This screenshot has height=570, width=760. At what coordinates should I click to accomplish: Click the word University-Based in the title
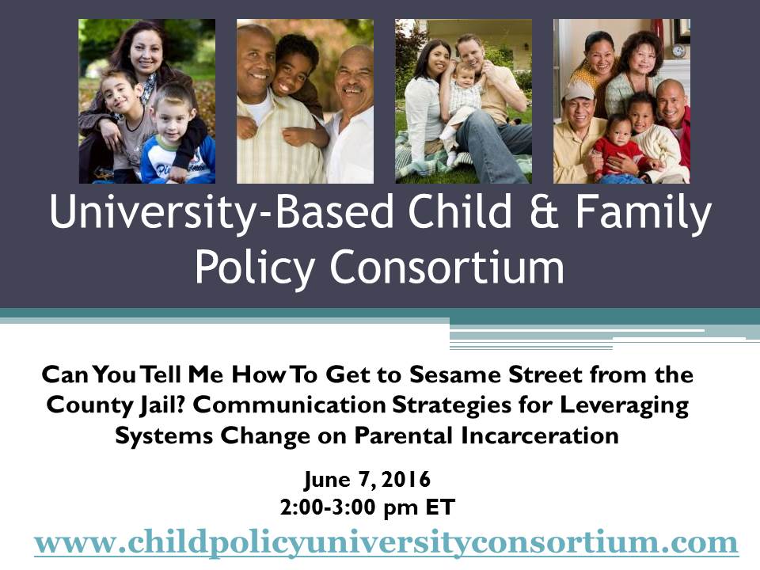[x=222, y=212]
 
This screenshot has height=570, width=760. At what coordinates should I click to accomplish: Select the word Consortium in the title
[x=447, y=267]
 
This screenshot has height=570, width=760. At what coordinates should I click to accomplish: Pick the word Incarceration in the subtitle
[x=539, y=435]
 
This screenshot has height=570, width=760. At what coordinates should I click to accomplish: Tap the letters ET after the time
[x=440, y=507]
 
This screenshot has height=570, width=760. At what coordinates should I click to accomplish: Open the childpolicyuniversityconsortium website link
[x=386, y=543]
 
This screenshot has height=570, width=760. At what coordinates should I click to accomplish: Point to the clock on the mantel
[x=678, y=51]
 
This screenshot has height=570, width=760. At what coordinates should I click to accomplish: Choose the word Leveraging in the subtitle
[x=625, y=405]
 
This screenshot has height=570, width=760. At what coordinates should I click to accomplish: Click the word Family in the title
[x=644, y=213]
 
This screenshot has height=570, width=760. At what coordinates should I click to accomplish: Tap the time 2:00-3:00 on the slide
[x=328, y=507]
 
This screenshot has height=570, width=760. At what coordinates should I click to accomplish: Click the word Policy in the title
[x=255, y=268]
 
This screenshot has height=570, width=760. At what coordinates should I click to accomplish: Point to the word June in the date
[x=328, y=480]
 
